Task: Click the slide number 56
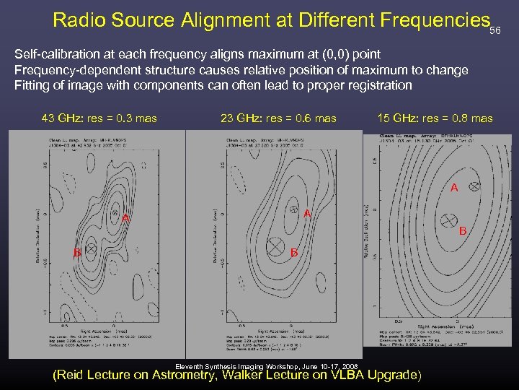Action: click(x=494, y=31)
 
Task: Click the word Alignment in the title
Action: click(x=224, y=19)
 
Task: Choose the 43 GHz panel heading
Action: click(x=100, y=118)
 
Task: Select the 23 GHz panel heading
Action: click(x=278, y=118)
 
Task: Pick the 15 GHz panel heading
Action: click(x=435, y=118)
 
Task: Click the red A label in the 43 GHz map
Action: click(x=125, y=218)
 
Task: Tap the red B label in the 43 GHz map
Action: click(x=76, y=252)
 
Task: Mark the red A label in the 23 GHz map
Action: click(x=307, y=214)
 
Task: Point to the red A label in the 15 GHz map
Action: click(x=454, y=188)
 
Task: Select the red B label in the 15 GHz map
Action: click(x=463, y=231)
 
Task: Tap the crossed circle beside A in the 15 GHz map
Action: click(x=474, y=186)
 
